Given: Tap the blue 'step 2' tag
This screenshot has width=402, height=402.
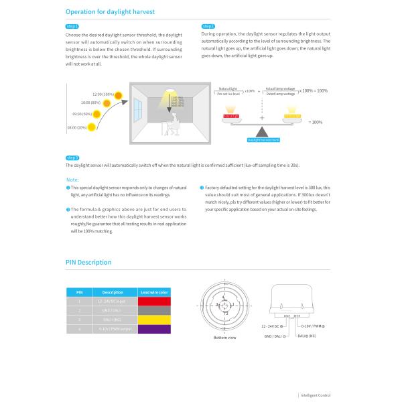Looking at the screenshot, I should click(208, 27).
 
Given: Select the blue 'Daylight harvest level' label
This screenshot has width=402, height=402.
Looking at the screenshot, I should click(263, 139).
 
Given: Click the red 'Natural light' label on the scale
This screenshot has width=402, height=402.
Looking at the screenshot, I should click(230, 117).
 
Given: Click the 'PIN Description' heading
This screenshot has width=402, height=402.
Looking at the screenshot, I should click(88, 262).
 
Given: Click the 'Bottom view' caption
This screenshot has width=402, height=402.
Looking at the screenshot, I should click(224, 337).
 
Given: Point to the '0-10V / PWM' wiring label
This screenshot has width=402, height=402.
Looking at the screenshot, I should click(312, 326).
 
